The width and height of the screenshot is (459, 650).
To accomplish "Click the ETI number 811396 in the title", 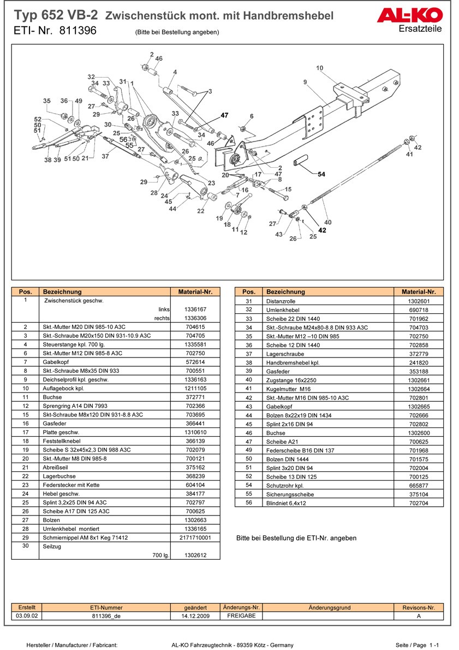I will point(75,31).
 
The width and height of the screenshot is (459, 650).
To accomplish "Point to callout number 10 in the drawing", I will point(319,68).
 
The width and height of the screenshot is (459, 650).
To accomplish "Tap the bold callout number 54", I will point(321,174).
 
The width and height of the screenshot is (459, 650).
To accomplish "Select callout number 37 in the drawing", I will point(105,156).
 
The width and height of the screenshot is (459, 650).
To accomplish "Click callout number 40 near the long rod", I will point(327,222).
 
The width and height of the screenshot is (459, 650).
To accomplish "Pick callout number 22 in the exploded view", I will point(201,211).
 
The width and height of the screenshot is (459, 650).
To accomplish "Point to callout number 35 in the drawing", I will point(47,101).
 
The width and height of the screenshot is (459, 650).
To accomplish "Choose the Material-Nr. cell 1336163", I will point(195,379).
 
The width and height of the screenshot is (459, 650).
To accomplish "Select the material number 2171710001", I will point(195,537).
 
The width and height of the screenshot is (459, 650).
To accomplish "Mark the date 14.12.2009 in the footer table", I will point(195,616).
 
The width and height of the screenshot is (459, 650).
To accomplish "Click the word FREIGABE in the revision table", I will point(241,616).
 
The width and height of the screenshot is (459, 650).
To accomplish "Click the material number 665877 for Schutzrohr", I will point(419,485).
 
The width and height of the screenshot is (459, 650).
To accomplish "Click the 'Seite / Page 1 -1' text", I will point(418,645).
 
